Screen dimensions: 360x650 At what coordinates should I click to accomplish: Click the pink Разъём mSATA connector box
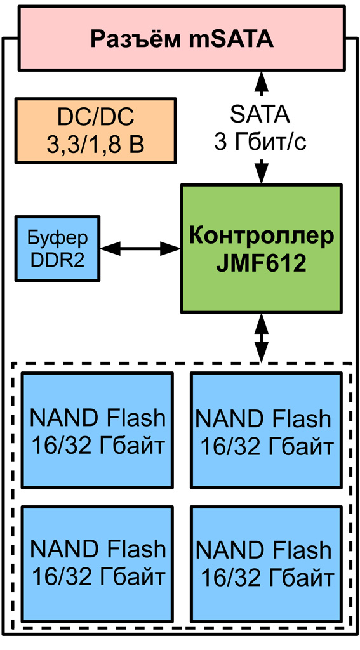(x=182, y=38)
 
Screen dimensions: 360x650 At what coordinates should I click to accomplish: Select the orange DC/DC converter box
(x=95, y=131)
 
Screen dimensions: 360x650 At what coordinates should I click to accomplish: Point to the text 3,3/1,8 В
(x=95, y=145)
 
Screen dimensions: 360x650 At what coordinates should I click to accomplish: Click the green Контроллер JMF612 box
(x=262, y=249)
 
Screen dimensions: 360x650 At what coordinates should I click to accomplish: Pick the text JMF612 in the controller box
(x=262, y=263)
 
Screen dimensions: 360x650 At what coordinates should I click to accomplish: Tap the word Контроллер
(x=262, y=236)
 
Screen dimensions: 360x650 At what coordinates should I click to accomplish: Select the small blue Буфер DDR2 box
(x=58, y=248)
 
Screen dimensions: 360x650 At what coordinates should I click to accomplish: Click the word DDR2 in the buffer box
(x=58, y=260)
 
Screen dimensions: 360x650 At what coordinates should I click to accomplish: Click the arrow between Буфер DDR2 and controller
(x=140, y=249)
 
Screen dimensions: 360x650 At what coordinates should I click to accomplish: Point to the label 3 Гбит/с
(x=260, y=143)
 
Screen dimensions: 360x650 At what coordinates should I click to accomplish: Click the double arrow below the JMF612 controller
(x=262, y=338)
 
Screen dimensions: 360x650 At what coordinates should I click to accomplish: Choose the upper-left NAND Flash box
(x=97, y=430)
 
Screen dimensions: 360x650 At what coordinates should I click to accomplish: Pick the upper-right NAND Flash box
(x=266, y=430)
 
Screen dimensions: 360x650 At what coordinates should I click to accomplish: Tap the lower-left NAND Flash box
(x=97, y=563)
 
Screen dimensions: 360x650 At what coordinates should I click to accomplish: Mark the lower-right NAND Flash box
(x=266, y=563)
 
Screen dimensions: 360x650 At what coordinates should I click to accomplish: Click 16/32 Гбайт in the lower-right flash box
(x=267, y=578)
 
